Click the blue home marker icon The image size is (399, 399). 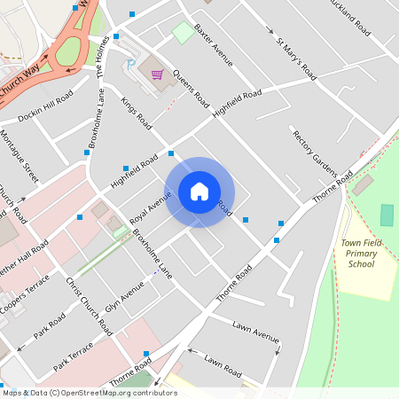pos(199,192)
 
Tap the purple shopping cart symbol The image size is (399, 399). pos(157,74)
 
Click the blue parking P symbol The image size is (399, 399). pos(131,65)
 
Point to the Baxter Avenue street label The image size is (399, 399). pos(213,44)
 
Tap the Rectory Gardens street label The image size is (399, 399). pos(316,153)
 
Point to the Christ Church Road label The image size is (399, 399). pos(90,307)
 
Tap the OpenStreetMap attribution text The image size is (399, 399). pos(89,393)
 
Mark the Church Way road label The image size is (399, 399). pos(24,81)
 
